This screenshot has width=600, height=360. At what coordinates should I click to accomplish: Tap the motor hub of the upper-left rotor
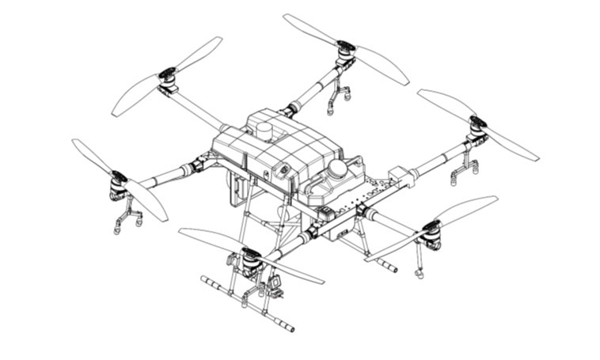168,78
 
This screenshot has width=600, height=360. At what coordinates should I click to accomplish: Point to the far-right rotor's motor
477,127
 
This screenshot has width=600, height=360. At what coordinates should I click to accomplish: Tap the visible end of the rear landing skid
393,269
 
